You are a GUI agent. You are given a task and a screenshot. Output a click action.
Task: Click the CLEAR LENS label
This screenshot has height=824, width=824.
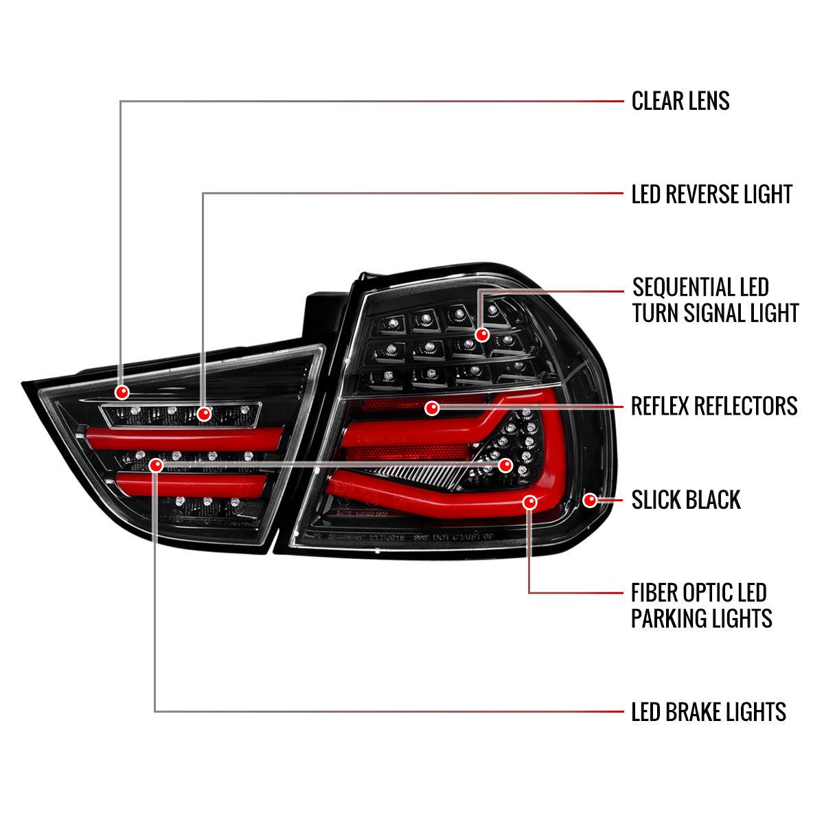(x=680, y=101)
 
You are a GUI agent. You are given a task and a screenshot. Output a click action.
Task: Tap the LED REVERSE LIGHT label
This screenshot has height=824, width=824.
(x=712, y=194)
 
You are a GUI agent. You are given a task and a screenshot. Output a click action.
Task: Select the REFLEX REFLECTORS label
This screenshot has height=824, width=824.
(x=714, y=406)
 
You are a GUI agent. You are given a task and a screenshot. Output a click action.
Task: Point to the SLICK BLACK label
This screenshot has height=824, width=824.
(x=686, y=500)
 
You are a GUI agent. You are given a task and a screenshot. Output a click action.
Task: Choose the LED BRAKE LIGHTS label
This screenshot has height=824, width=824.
(x=709, y=712)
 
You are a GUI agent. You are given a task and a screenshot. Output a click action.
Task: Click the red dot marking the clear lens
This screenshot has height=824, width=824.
(x=122, y=392)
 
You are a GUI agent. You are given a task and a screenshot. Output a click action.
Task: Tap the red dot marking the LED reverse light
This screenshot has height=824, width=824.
(x=204, y=414)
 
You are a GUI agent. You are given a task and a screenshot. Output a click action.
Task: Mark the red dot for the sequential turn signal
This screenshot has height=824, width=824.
(x=482, y=334)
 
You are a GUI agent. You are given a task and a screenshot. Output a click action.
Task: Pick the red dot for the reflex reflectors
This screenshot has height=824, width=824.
(x=432, y=409)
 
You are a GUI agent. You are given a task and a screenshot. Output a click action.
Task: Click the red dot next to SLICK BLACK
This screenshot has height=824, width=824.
(x=590, y=500)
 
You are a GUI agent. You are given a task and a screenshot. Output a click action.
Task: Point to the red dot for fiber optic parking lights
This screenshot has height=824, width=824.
(x=529, y=503)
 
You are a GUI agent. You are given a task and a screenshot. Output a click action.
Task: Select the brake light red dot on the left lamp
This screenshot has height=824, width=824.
(x=156, y=466)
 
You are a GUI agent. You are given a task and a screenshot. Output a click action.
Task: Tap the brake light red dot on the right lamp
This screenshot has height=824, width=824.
(x=506, y=465)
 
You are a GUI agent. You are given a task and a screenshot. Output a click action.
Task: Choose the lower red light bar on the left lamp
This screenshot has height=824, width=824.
(x=192, y=483)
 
